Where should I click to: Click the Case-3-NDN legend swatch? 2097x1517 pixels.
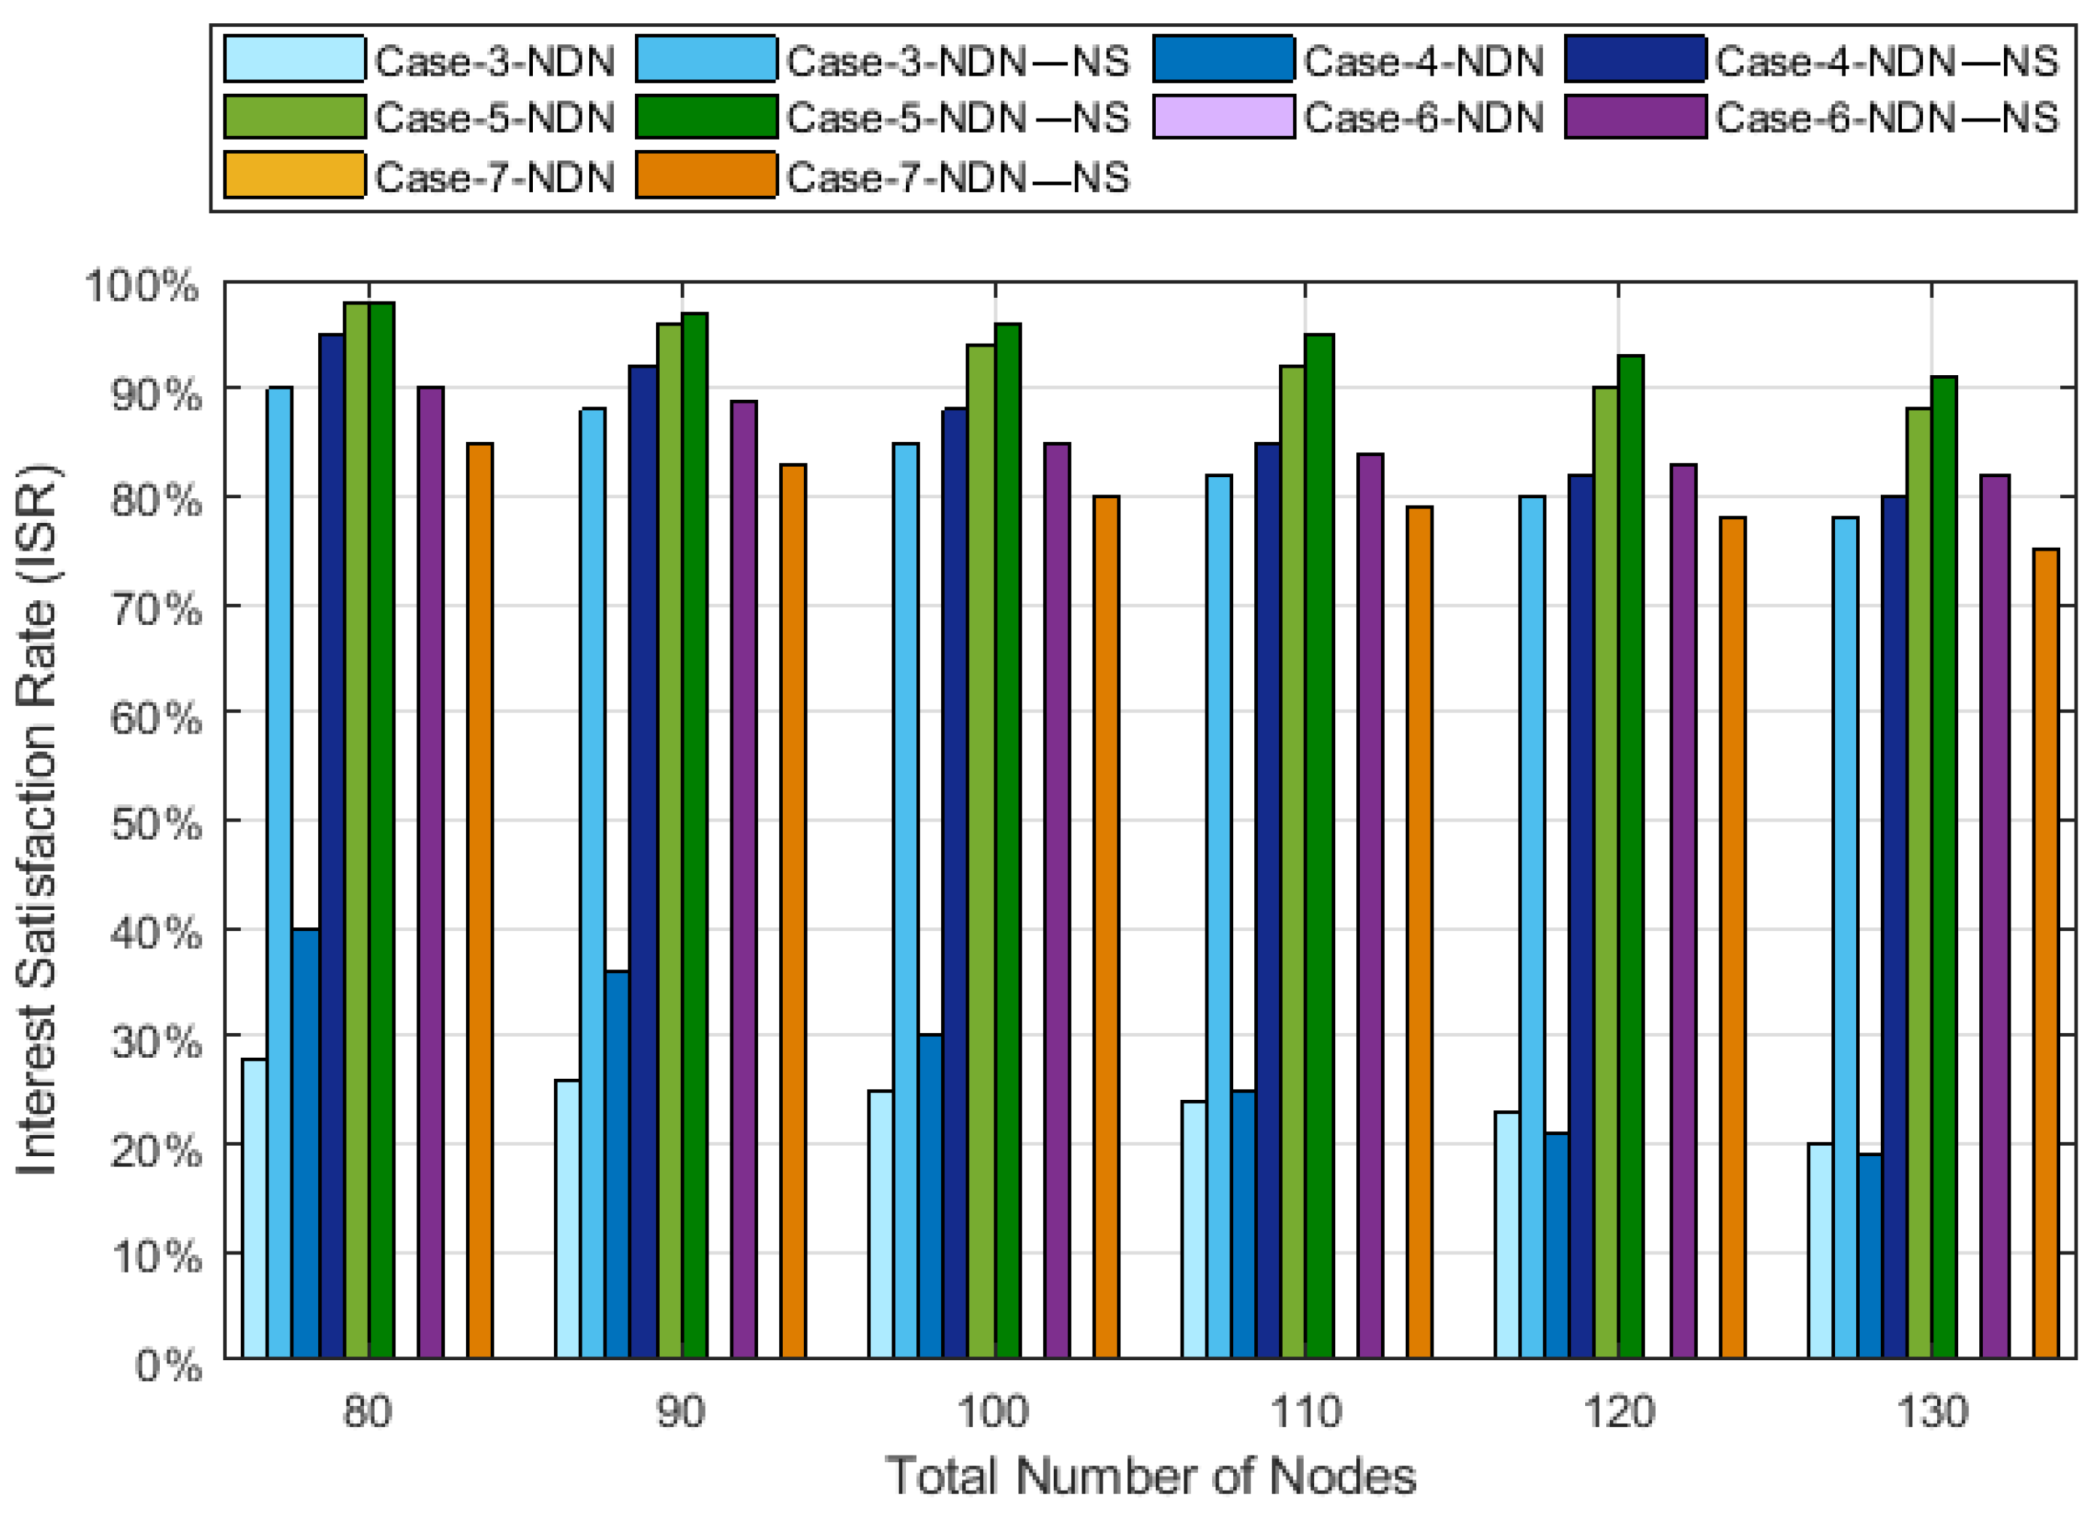coord(294,60)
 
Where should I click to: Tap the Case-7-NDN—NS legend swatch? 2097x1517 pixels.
coord(706,176)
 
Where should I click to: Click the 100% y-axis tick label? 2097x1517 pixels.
coord(141,286)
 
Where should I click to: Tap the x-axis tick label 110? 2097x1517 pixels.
coord(1305,1413)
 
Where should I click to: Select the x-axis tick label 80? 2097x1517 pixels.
coord(368,1413)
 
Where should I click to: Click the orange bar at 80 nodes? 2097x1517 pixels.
coord(480,900)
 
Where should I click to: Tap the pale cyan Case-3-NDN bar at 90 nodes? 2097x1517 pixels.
coord(567,1218)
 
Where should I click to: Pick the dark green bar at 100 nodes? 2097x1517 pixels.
coord(1008,840)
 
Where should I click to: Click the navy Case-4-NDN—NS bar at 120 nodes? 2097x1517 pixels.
coord(1581,916)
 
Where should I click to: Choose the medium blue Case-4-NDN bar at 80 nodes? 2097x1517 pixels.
coord(306,1143)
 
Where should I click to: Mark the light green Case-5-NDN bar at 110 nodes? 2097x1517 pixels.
coord(1292,861)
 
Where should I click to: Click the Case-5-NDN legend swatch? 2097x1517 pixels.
coord(294,117)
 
